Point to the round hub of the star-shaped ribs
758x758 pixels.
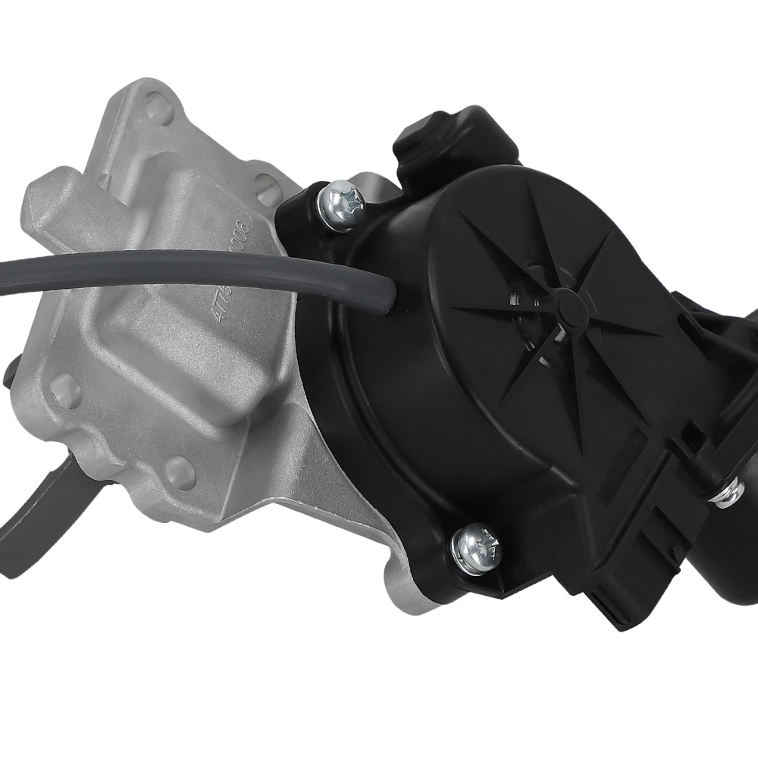(x=570, y=303)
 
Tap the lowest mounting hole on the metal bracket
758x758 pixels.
(x=180, y=473)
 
